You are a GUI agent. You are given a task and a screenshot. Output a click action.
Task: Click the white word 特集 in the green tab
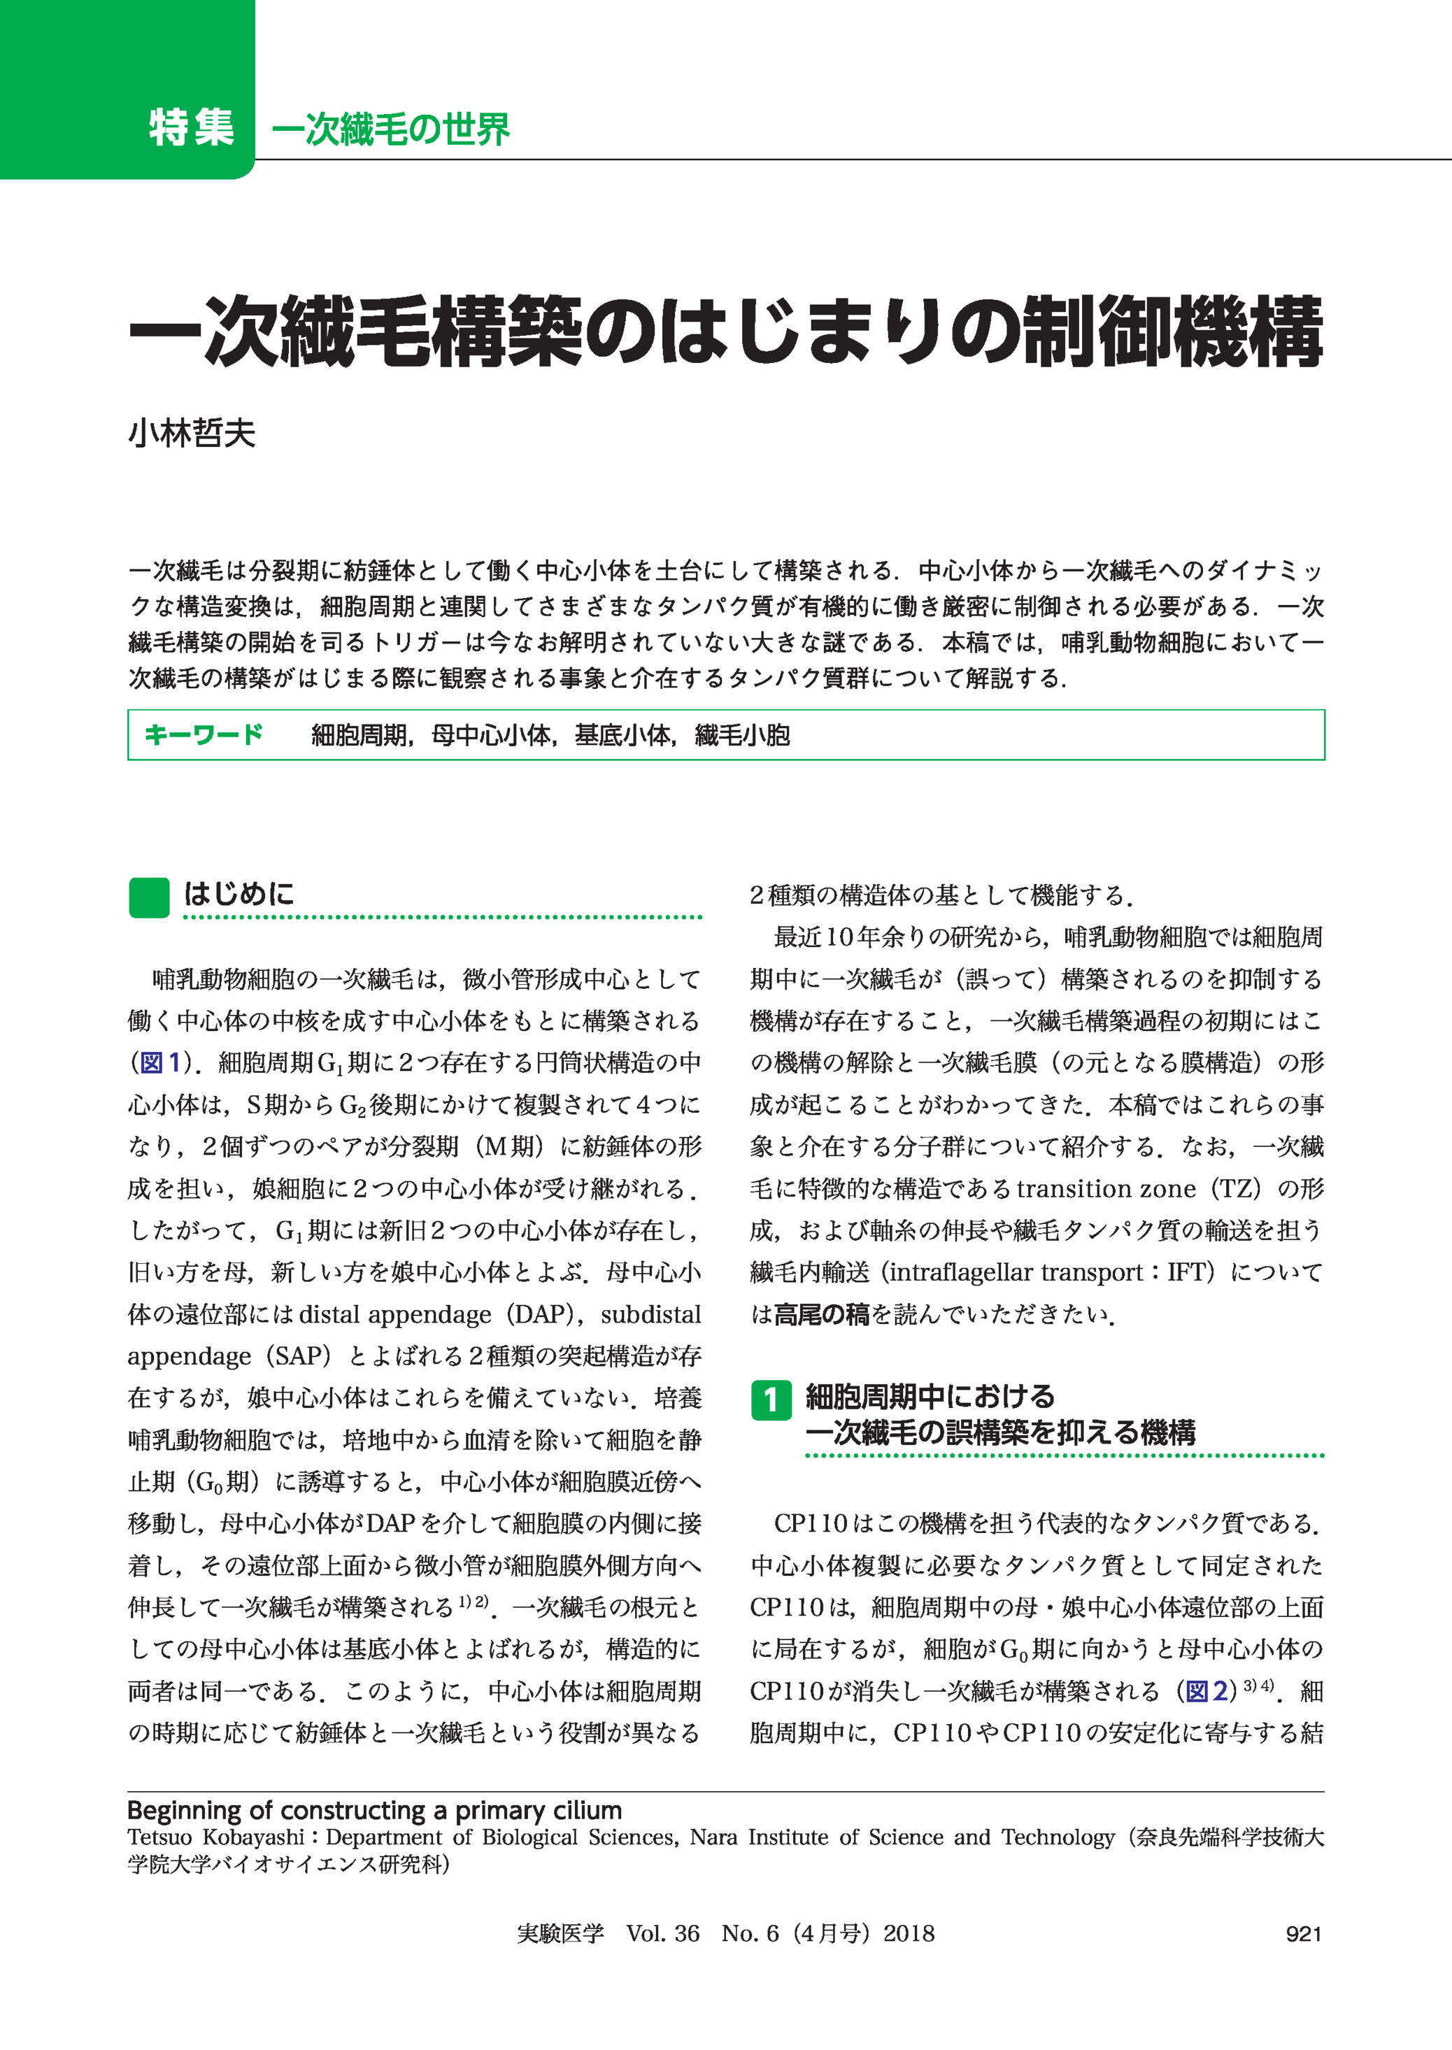(x=192, y=127)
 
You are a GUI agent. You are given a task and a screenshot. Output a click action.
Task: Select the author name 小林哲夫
(x=192, y=433)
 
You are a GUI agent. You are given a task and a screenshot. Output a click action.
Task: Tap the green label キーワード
(x=204, y=735)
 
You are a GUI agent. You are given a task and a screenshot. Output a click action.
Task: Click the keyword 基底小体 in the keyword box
(x=622, y=736)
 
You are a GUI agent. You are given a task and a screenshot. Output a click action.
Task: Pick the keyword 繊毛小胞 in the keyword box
(x=742, y=736)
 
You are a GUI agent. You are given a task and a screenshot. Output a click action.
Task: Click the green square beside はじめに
(x=148, y=897)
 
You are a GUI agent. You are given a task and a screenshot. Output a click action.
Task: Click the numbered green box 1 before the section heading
(x=770, y=1399)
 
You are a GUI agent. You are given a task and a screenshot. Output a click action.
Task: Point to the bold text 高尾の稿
(x=821, y=1314)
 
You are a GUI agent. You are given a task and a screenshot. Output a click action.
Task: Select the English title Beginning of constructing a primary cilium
(x=373, y=1810)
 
